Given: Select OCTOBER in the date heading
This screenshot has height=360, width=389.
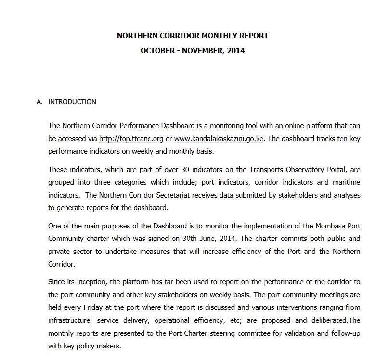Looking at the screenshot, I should point(156,50).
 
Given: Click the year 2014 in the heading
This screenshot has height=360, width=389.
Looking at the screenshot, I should point(235,50).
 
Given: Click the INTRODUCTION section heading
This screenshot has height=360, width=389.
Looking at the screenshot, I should point(72,102).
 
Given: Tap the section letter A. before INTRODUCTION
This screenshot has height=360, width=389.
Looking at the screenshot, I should point(39,102).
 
